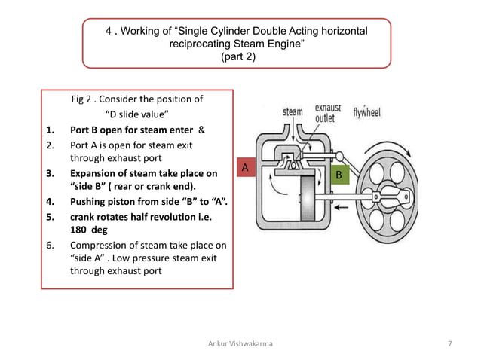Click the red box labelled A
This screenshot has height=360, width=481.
click(246, 167)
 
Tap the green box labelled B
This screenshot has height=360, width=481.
click(340, 175)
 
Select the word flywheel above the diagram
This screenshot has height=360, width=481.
click(366, 112)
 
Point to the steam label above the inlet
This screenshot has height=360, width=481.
click(293, 111)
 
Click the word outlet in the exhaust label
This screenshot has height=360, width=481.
click(325, 118)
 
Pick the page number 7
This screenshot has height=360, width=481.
click(449, 343)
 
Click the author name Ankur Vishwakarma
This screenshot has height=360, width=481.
click(240, 343)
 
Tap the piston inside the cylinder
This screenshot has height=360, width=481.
click(308, 198)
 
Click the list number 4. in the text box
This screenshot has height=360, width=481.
click(50, 202)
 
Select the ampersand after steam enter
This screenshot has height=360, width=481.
click(201, 130)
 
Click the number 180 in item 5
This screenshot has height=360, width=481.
click(78, 230)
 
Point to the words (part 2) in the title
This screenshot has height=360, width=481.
click(238, 56)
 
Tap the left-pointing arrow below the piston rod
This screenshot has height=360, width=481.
click(341, 208)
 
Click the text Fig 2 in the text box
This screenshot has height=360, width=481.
click(81, 99)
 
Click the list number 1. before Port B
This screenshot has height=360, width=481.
click(50, 130)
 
